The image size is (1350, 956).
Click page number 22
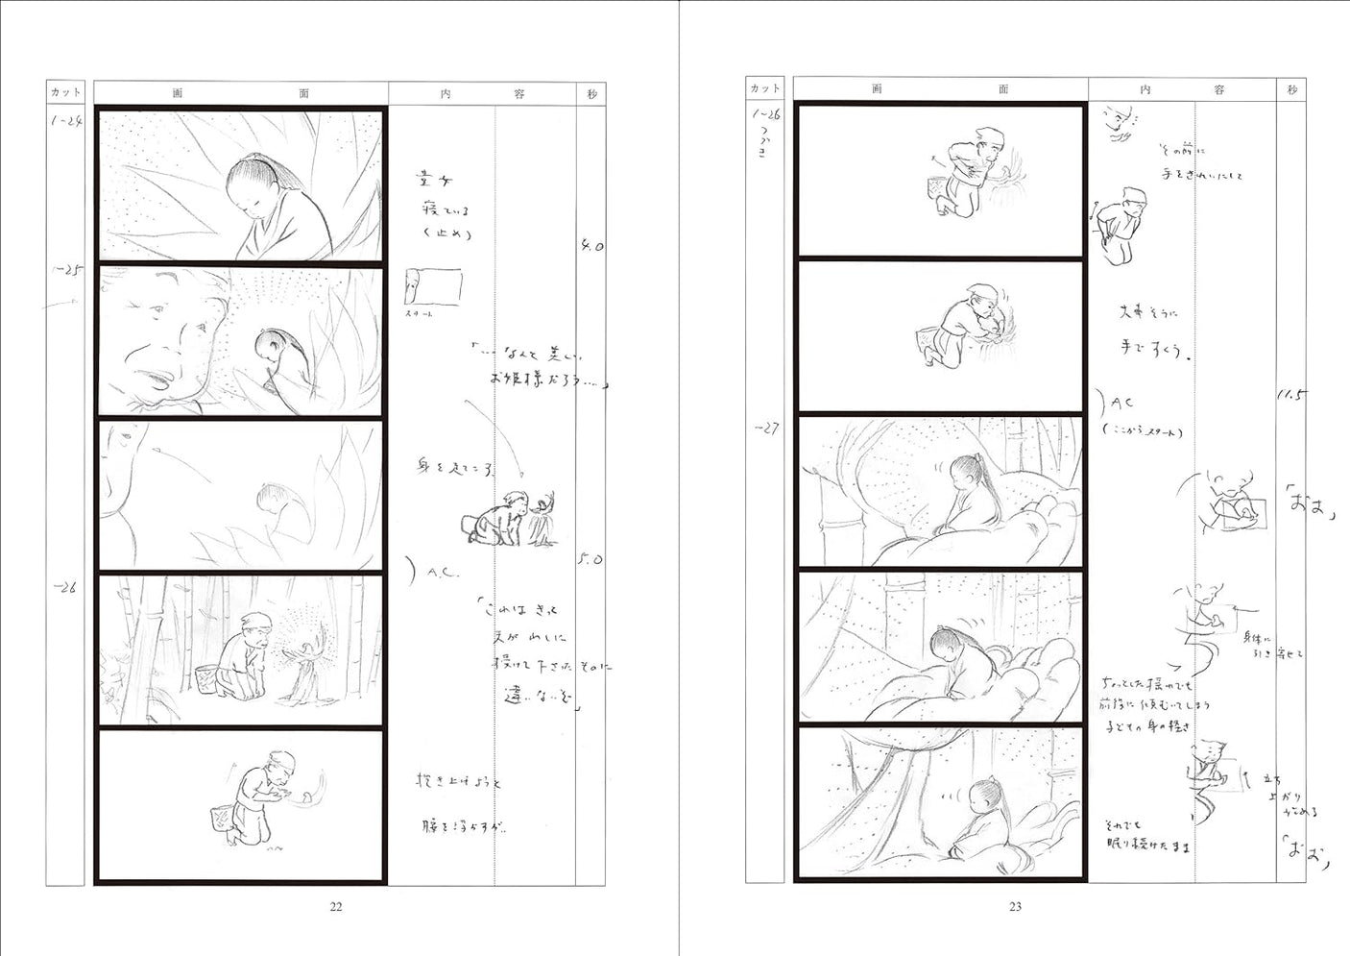point(336,906)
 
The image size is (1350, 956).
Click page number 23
point(1015,906)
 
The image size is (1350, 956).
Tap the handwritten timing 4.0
point(591,246)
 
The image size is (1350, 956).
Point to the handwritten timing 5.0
point(591,559)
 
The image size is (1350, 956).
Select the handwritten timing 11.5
point(1291,395)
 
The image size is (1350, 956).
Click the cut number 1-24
point(65,122)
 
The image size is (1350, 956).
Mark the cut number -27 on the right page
point(765,429)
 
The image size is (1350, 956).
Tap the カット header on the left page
point(65,92)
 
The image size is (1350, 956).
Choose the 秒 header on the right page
point(1291,89)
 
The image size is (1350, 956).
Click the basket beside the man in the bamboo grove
point(207,680)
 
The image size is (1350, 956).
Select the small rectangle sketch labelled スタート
point(433,287)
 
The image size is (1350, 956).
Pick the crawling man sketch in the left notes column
point(504,521)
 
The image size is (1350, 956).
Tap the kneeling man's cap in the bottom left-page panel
point(281,761)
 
